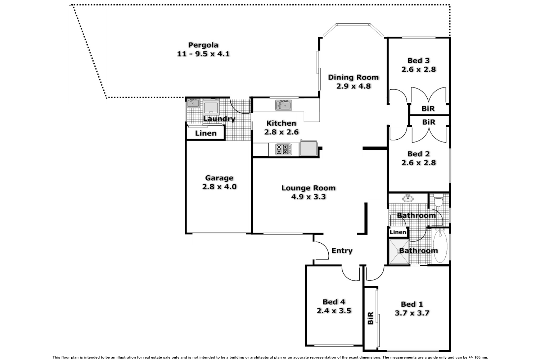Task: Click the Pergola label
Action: coord(203,45)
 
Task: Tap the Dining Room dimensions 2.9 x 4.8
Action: coord(353,86)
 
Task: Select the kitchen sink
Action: coord(284,105)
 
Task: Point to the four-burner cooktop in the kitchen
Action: coord(283,149)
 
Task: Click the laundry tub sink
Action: coord(193,104)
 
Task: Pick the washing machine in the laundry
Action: coord(211,107)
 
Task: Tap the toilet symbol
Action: coord(438,200)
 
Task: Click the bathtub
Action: coord(440,246)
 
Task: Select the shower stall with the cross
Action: coord(399,252)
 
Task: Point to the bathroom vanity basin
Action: coord(408,198)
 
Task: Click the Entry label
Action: coord(342,251)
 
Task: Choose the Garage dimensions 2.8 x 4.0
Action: coord(219,187)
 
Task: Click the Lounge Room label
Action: coord(308,188)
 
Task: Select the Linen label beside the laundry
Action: coord(206,133)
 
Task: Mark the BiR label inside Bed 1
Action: coord(371,318)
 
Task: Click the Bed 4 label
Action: coord(333,302)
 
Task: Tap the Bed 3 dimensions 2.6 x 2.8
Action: coord(418,69)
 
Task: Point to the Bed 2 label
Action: coord(418,154)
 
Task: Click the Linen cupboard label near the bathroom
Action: coord(398,232)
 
